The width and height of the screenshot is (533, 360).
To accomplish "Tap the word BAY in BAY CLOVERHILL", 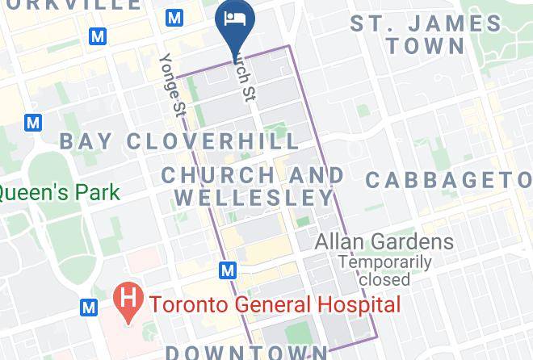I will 88,142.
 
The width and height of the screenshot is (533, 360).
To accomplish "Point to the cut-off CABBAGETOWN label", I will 449,178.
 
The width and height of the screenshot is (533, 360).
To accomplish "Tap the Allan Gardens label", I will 384,241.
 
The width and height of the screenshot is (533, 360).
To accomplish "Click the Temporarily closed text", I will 385,270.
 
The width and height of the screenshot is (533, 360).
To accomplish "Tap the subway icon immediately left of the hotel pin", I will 174,17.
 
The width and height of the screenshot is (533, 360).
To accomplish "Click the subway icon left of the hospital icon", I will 89,307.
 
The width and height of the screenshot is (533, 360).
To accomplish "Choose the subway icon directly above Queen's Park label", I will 32,123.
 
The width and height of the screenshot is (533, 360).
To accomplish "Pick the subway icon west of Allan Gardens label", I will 228,269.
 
